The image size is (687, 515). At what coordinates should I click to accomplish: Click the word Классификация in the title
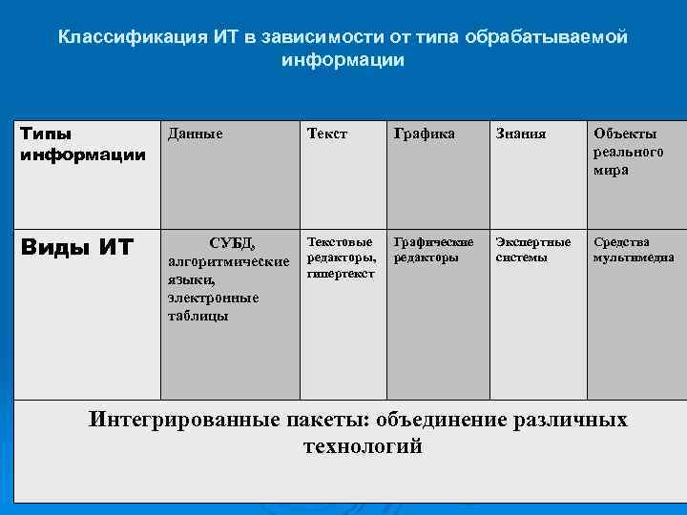pos(121,37)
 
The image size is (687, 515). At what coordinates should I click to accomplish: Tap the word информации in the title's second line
pos(343,59)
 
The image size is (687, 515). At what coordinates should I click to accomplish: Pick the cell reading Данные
pos(196,135)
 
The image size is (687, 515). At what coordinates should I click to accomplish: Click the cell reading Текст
pos(327,135)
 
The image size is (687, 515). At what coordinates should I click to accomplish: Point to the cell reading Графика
pos(424,135)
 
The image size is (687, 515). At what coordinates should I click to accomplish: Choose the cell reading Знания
pos(521,135)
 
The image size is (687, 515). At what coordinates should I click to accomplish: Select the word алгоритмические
pos(229,260)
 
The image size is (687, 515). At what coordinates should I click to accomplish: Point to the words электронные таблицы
pos(213,306)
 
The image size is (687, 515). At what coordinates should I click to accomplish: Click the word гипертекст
pos(341,274)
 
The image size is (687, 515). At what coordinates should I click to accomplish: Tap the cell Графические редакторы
pos(433,250)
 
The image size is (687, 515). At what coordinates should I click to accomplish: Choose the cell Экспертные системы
pos(533,250)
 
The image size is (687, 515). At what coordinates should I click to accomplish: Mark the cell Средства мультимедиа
pos(634,250)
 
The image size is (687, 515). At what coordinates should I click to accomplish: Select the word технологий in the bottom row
pos(362,446)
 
